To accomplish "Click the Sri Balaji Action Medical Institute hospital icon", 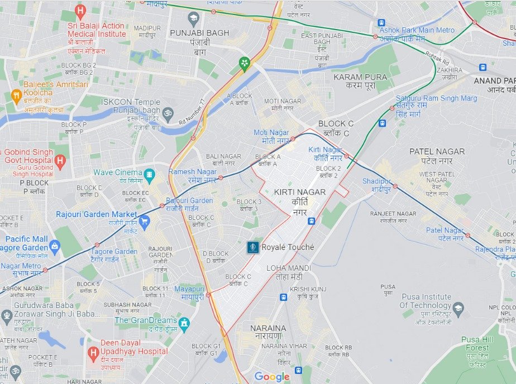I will (x=80, y=11).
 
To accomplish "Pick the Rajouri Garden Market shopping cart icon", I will (x=145, y=222).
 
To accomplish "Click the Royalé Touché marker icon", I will (x=254, y=247).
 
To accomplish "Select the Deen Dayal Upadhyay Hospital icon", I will (x=93, y=353).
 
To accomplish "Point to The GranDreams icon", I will (x=184, y=324).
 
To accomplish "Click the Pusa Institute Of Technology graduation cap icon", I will (x=458, y=308).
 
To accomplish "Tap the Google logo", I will (x=272, y=377).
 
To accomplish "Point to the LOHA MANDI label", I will (x=289, y=272).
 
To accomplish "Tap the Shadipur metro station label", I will (x=375, y=185).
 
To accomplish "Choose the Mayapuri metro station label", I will (x=189, y=292).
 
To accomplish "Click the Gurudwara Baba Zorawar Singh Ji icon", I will (x=6, y=317).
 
